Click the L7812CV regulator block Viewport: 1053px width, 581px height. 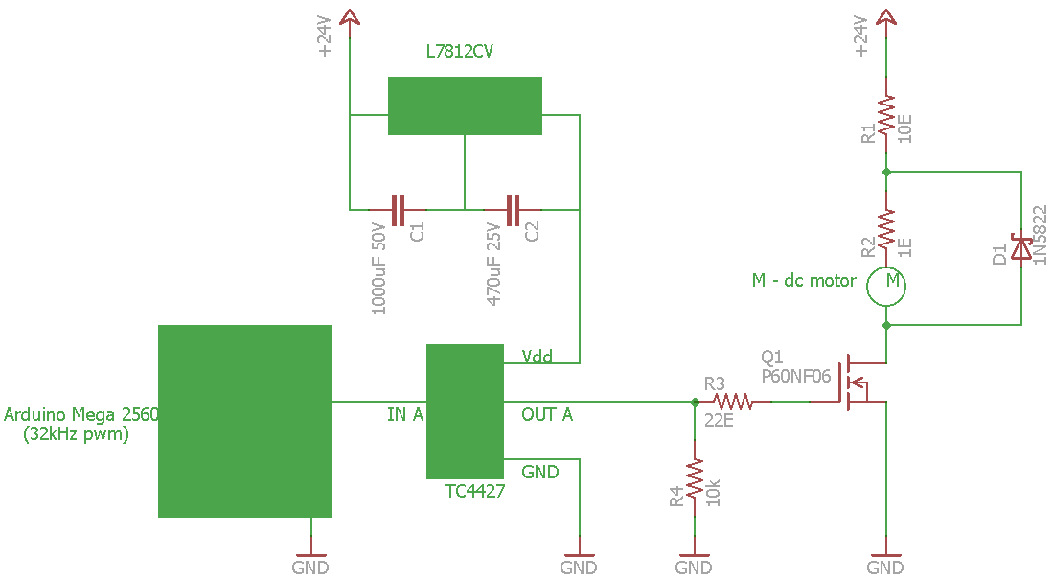click(465, 105)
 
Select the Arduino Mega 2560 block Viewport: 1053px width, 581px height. click(244, 421)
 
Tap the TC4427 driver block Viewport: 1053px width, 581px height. click(465, 411)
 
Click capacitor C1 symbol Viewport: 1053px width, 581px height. click(399, 210)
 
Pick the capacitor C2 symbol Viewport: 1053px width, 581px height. click(513, 210)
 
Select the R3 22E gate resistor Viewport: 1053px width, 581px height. click(733, 402)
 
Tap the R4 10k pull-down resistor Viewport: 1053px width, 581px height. click(695, 479)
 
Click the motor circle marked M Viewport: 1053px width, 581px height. click(886, 287)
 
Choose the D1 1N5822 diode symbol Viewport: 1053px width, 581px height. click(1021, 248)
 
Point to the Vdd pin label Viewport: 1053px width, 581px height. click(538, 356)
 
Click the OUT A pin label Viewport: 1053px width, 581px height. click(547, 414)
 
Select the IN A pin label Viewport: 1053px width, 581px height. click(405, 414)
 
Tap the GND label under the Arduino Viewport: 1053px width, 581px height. click(310, 568)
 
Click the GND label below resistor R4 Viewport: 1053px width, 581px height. click(694, 568)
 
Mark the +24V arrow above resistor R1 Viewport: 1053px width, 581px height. click(886, 17)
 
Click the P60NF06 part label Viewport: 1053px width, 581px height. click(796, 376)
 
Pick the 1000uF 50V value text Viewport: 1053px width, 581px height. click(378, 269)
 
